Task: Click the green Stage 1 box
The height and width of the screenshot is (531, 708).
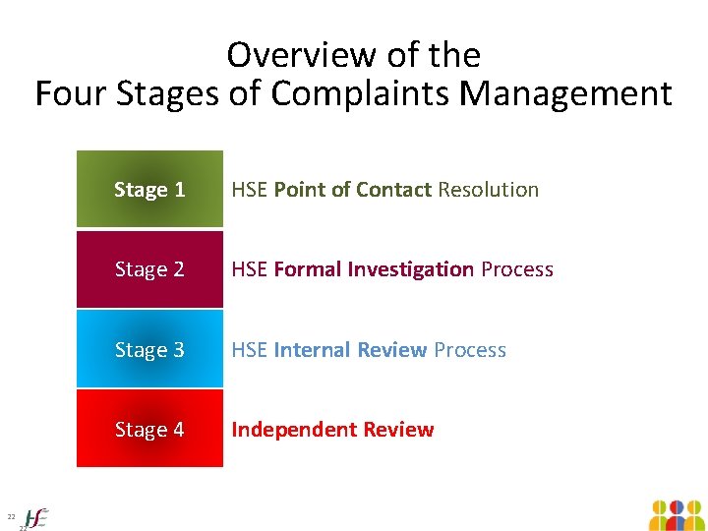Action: (149, 190)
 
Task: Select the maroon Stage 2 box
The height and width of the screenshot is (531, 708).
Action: (149, 269)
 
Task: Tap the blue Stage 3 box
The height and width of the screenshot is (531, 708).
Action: (149, 350)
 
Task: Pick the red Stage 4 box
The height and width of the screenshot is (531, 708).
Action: (149, 430)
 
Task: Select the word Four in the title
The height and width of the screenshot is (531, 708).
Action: (71, 94)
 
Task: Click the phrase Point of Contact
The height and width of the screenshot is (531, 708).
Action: (353, 190)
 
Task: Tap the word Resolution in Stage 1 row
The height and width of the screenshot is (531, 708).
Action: (489, 190)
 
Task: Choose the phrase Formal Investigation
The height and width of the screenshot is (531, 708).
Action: (374, 269)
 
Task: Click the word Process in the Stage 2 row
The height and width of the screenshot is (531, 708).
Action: (517, 269)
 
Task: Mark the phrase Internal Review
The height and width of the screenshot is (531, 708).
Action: (350, 350)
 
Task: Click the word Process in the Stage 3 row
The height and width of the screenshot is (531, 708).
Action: (470, 350)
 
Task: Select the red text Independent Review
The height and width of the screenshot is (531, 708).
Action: (332, 430)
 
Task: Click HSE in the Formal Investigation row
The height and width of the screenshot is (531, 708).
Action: (250, 269)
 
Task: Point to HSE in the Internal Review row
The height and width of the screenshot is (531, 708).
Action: (250, 350)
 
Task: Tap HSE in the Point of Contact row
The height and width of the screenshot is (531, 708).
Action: (250, 190)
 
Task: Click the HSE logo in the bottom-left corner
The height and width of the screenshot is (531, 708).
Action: (36, 517)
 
